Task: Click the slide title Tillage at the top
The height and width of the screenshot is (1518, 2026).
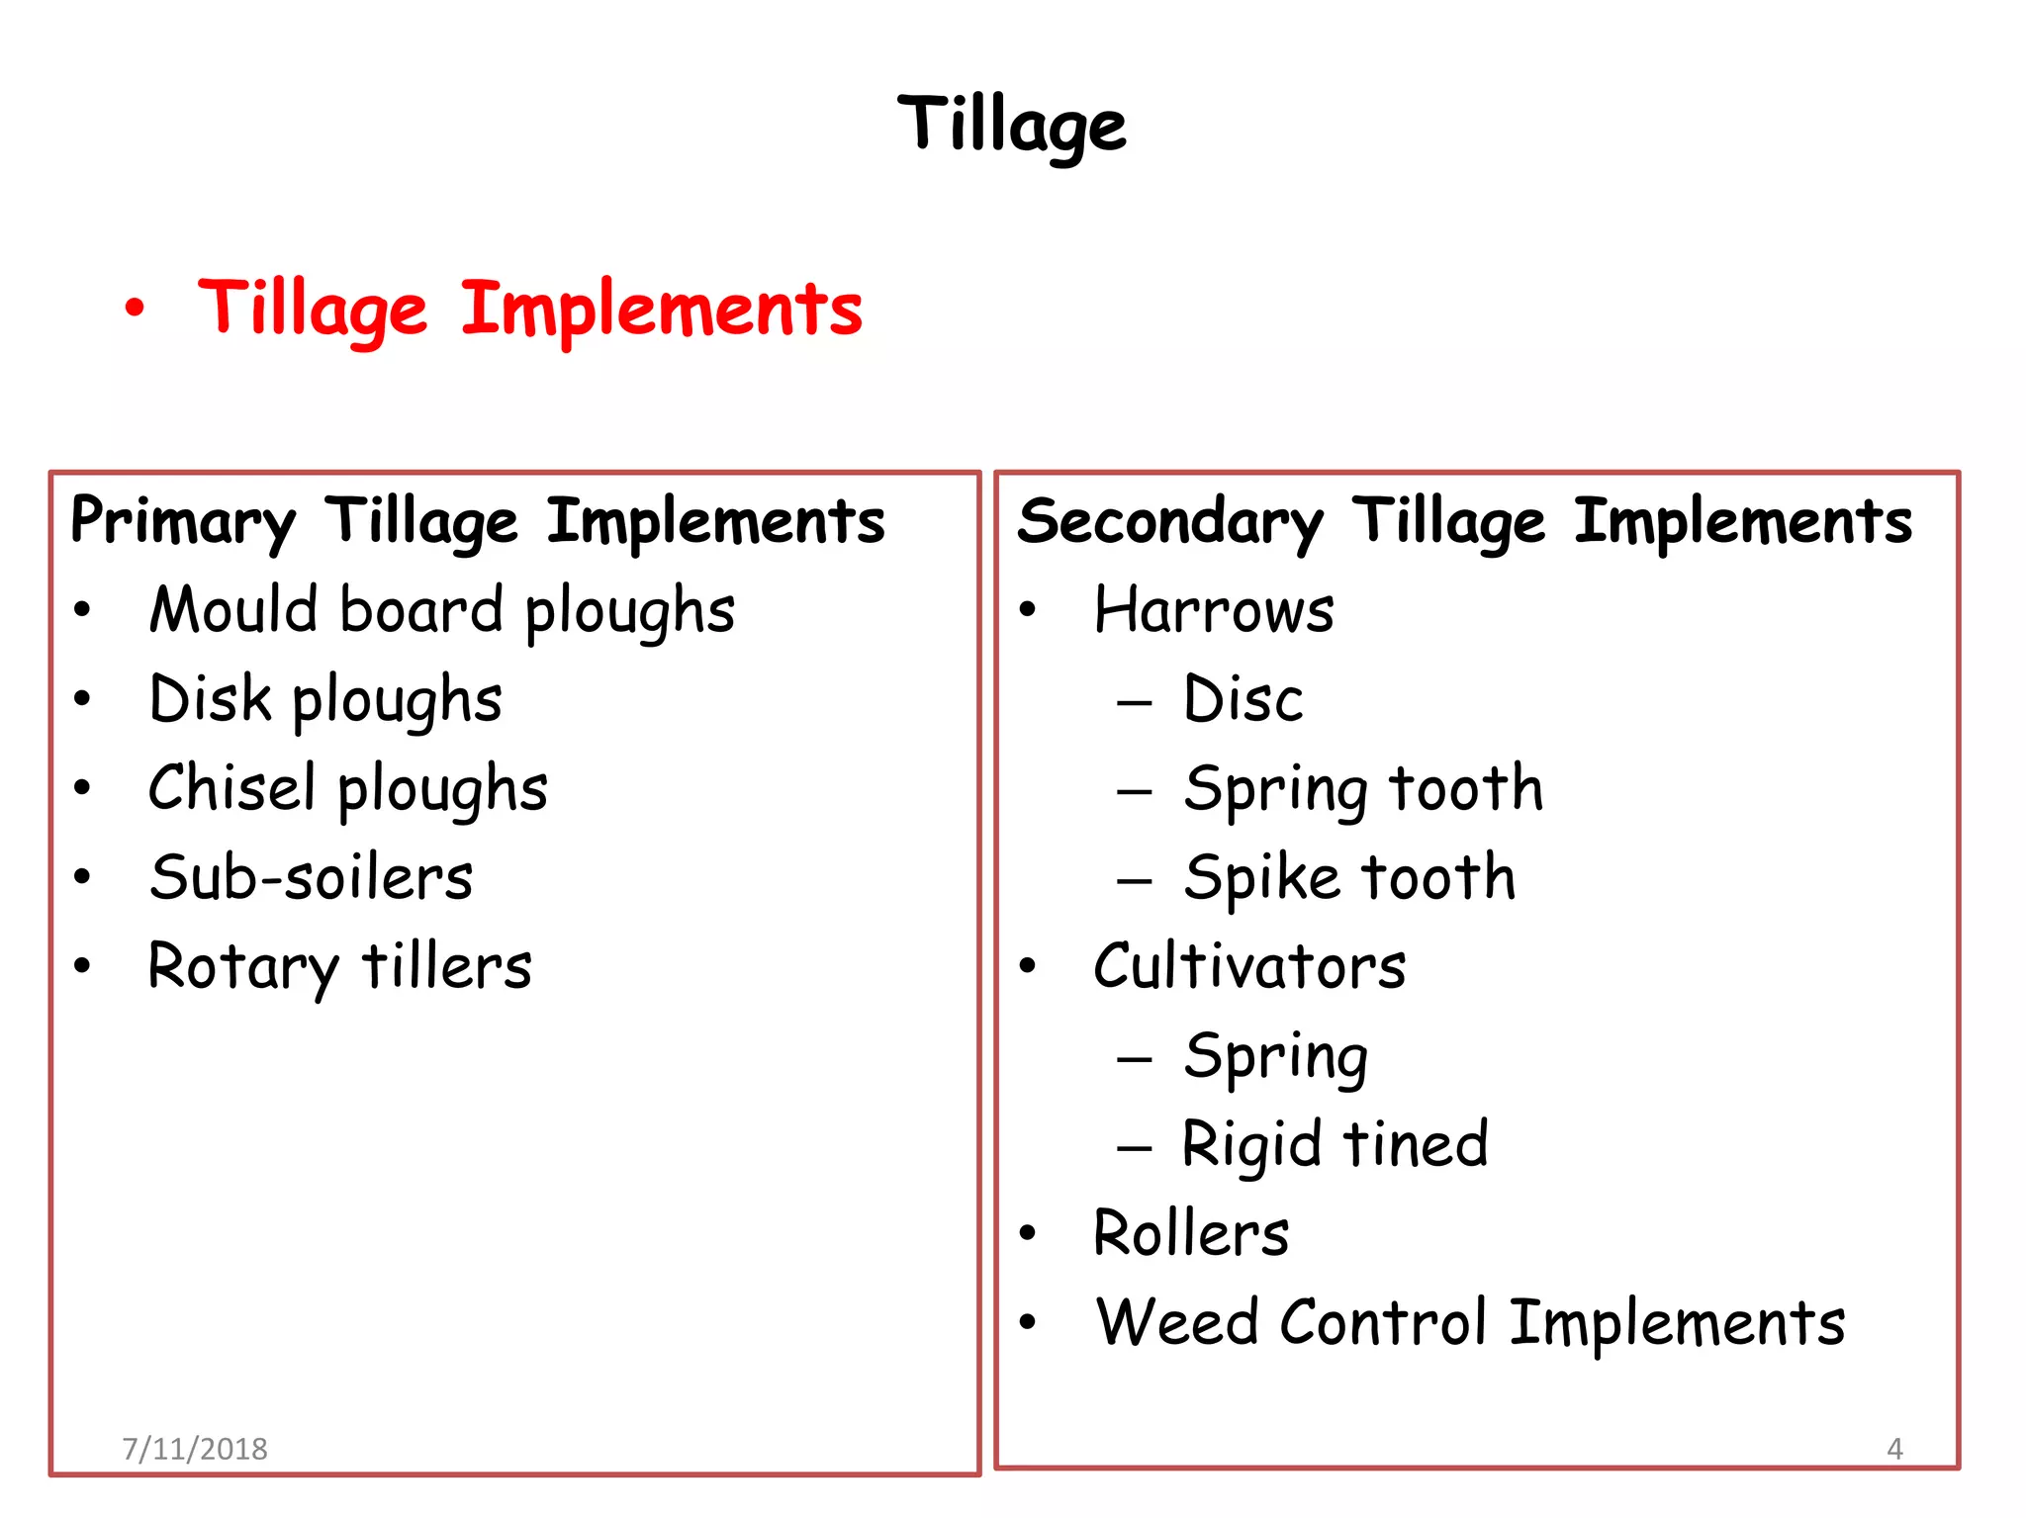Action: coord(1011,125)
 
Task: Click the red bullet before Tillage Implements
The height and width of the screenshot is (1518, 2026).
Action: coord(135,309)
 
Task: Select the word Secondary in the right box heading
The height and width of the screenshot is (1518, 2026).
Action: coord(1169,522)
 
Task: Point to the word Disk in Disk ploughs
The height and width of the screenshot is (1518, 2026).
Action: coord(210,698)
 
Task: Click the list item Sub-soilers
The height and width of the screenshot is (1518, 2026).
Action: coord(311,877)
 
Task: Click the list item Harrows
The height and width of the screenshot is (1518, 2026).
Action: coord(1214,610)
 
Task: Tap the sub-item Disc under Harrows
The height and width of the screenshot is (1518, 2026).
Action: coord(1243,699)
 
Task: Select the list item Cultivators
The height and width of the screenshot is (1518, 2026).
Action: coord(1249,966)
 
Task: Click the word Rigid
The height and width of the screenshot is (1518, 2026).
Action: coord(1251,1145)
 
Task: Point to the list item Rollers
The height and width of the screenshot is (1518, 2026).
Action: coord(1191,1233)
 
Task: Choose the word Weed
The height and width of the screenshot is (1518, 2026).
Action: coord(1176,1322)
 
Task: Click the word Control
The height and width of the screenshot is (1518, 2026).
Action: coord(1382,1322)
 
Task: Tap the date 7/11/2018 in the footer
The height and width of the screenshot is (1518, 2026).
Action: coord(195,1449)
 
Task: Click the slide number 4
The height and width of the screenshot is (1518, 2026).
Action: coord(1894,1449)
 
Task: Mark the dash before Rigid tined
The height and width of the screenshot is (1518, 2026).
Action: coord(1134,1148)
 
